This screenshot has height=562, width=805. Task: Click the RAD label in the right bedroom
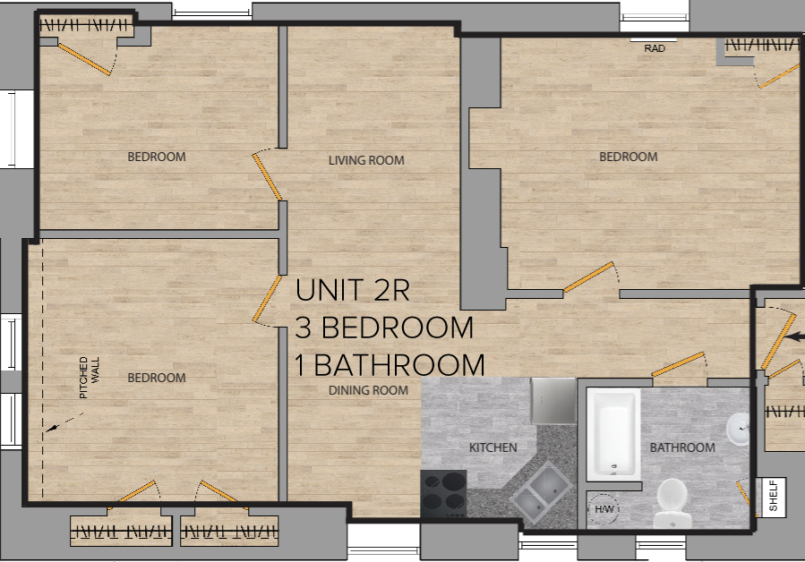(x=655, y=48)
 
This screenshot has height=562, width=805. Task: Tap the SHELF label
(x=773, y=497)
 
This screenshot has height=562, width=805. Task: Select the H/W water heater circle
(x=602, y=508)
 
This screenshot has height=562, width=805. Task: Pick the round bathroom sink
(x=739, y=430)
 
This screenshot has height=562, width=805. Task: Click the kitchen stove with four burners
(x=443, y=493)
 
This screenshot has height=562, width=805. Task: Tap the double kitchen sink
(x=542, y=494)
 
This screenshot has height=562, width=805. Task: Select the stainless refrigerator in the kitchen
(x=553, y=400)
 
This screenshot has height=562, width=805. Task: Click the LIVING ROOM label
(x=366, y=161)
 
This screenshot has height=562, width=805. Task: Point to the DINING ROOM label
(x=368, y=390)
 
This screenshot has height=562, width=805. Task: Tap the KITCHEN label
(x=493, y=447)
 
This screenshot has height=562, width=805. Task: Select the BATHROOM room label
(x=682, y=447)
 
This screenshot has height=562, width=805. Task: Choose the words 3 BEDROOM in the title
(x=384, y=328)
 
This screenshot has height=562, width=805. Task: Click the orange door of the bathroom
(x=678, y=364)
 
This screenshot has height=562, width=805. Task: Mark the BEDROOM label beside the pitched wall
(x=157, y=378)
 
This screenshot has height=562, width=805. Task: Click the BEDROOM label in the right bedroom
(x=628, y=157)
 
